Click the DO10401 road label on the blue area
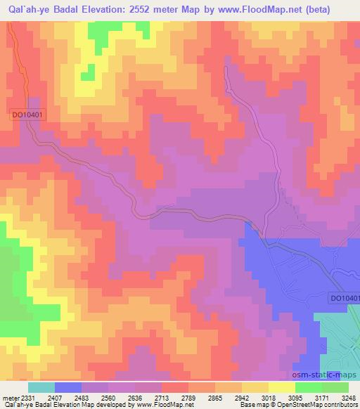345,299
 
